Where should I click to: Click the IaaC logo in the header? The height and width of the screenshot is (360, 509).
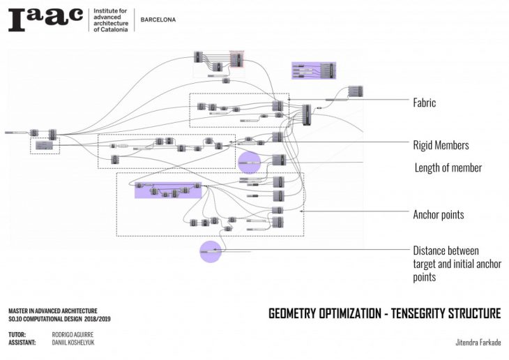click(45, 20)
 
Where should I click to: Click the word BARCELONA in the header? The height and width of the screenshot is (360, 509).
click(158, 20)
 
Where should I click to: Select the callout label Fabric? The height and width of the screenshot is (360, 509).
click(424, 103)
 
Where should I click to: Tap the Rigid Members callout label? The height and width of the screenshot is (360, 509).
click(441, 145)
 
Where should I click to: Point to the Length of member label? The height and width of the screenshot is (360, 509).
click(448, 167)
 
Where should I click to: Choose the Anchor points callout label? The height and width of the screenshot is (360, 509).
click(439, 214)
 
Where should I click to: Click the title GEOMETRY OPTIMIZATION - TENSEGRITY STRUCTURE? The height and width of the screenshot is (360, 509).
click(384, 314)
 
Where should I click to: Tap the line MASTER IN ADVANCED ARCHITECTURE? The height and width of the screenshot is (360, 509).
click(53, 310)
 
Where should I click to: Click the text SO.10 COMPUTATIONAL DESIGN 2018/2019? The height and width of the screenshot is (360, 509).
click(59, 319)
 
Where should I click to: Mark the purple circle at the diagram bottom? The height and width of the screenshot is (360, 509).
click(211, 251)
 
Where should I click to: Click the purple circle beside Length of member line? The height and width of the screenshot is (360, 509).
click(248, 163)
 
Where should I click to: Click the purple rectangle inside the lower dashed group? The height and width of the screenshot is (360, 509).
click(167, 190)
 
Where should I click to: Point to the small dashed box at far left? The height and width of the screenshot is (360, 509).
click(45, 145)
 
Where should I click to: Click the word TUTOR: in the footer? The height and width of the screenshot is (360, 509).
click(17, 335)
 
